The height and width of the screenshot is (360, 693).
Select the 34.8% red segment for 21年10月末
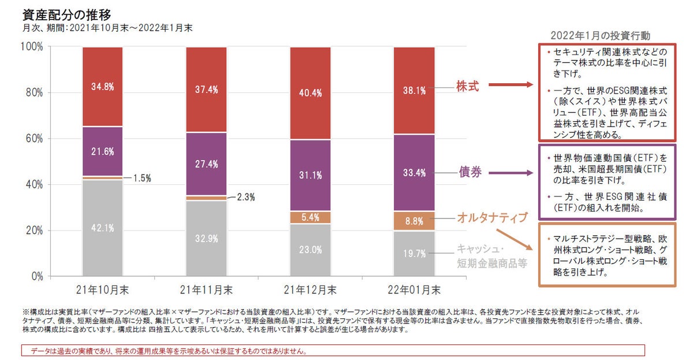[x=102, y=86]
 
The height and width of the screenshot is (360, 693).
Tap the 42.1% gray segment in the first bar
[x=102, y=228]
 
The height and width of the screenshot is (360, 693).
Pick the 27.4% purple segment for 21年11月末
[x=206, y=164]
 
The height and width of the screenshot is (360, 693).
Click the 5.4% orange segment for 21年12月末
[x=310, y=217]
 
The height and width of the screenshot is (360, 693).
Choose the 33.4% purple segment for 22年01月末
[x=414, y=172]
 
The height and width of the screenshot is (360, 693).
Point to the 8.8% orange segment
[x=414, y=220]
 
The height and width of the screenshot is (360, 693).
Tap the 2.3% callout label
[x=245, y=197]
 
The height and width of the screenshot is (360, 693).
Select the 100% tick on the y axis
[x=31, y=46]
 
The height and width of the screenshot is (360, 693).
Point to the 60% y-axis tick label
[x=33, y=138]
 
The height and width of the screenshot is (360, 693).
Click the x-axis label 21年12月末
[x=311, y=289]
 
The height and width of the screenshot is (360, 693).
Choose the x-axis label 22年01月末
[x=414, y=289]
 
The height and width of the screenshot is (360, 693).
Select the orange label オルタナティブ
[x=492, y=217]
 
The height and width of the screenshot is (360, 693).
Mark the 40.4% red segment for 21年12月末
[x=310, y=92]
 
